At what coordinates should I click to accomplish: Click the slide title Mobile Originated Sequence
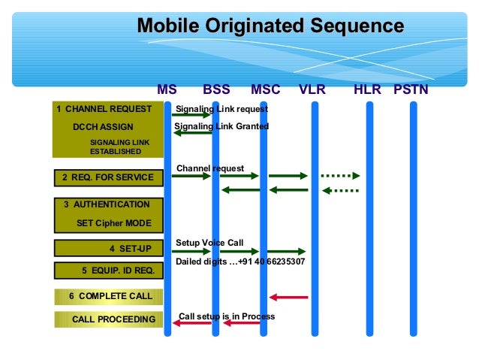pyautogui.click(x=270, y=26)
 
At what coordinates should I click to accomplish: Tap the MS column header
pyautogui.click(x=167, y=90)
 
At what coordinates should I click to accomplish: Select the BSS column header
pyautogui.click(x=216, y=90)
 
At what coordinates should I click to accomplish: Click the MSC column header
pyautogui.click(x=265, y=90)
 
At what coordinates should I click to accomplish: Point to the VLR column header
pyautogui.click(x=313, y=90)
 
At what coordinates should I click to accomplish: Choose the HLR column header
pyautogui.click(x=368, y=90)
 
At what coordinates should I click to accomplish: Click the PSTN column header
pyautogui.click(x=411, y=90)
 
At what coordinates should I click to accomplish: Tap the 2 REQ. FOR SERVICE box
pyautogui.click(x=107, y=178)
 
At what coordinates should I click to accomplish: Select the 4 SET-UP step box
pyautogui.click(x=107, y=248)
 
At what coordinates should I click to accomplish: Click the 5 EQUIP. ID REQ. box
pyautogui.click(x=107, y=271)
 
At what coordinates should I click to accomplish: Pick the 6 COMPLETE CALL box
pyautogui.click(x=107, y=296)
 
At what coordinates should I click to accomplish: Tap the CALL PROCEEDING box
pyautogui.click(x=107, y=320)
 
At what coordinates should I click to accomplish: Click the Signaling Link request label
pyautogui.click(x=221, y=109)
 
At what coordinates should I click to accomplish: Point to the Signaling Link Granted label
pyautogui.click(x=221, y=126)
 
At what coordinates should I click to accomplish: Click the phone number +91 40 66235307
pyautogui.click(x=273, y=262)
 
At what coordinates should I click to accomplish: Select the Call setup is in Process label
pyautogui.click(x=227, y=316)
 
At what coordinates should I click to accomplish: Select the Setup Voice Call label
pyautogui.click(x=209, y=243)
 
